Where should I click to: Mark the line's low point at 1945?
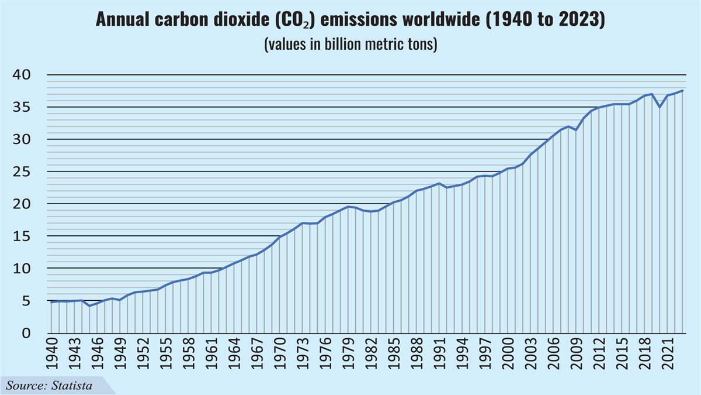(x=89, y=306)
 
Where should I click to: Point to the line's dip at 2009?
(x=576, y=130)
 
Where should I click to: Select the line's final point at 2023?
(x=682, y=91)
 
